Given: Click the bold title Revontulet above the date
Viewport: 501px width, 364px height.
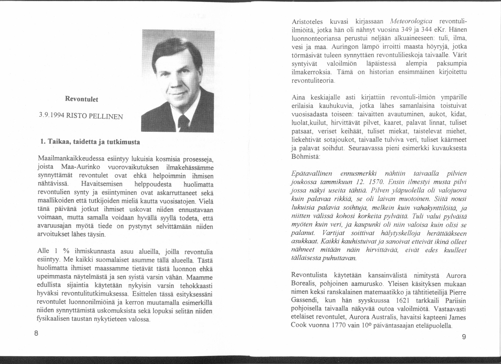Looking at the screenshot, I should pos(81,99).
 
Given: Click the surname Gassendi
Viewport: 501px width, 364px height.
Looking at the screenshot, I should pos(304,300).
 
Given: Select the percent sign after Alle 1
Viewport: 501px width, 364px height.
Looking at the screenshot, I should pos(66,251).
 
